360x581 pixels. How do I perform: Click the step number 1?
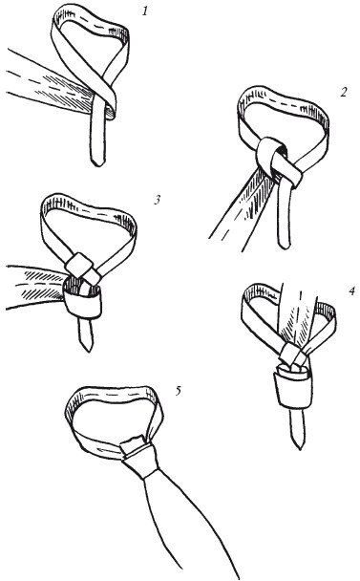[x=145, y=11]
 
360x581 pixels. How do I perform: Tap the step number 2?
[x=344, y=92]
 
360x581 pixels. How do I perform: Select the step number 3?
[x=158, y=200]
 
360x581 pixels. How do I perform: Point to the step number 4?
[x=351, y=290]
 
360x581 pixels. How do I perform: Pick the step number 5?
[x=179, y=390]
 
